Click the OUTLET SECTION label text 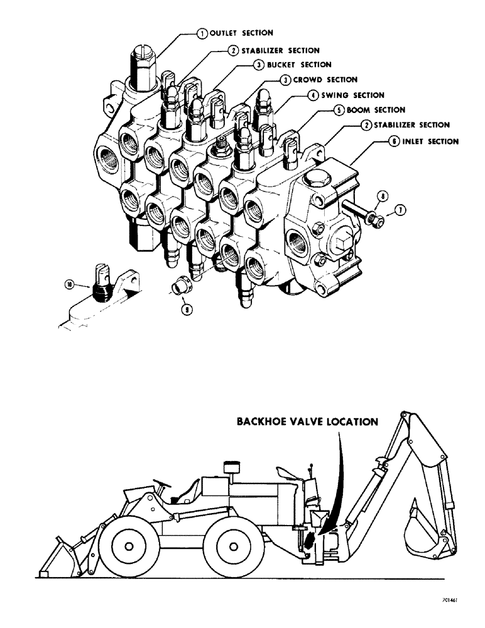click(241, 33)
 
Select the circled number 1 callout click(202, 34)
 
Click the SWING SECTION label click(351, 95)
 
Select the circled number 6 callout click(392, 142)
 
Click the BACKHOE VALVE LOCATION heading click(307, 422)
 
